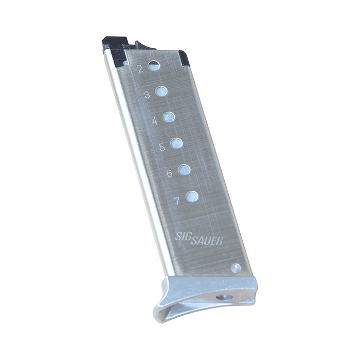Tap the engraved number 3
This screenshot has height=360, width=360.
pos(147,95)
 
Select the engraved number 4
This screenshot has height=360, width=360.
pos(155,121)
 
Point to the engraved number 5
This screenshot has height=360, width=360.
pos(162,147)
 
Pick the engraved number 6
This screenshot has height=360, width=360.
pos(170,174)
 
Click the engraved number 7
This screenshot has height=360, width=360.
pos(177,201)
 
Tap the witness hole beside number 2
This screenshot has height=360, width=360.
pos(154,65)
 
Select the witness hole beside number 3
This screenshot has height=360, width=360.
pos(161,91)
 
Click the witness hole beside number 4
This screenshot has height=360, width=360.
pos(169,117)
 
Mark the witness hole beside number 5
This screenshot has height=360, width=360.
pos(176,143)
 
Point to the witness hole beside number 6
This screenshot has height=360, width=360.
pos(184,169)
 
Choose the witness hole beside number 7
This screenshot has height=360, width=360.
pos(192,196)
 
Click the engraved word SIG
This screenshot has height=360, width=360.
pos(182,236)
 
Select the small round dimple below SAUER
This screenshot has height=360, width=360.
pos(236,267)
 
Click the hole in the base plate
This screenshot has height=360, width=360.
pos(224,297)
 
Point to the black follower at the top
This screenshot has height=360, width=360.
pos(116,45)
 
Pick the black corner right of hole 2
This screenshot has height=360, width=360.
pos(184,58)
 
